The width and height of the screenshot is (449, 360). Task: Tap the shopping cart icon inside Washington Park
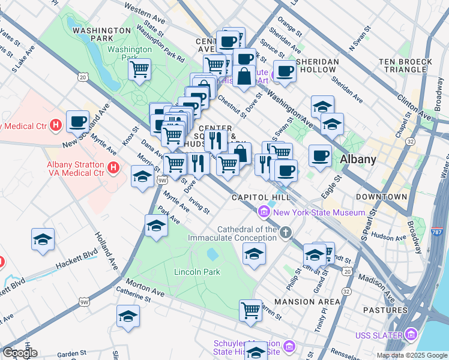tap(139, 69)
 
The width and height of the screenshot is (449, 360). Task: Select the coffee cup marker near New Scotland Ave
tap(77, 122)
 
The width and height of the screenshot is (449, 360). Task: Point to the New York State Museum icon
tap(264, 212)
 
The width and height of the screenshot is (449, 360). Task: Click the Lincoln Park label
tap(197, 272)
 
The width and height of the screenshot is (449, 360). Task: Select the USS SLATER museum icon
tap(411, 334)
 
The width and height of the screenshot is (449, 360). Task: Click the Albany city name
tap(358, 160)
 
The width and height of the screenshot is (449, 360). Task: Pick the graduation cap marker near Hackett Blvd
tap(43, 239)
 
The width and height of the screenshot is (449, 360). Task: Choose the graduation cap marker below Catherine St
tap(128, 316)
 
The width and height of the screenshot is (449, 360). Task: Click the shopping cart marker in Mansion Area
tap(250, 310)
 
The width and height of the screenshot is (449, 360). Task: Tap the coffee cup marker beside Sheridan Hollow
tap(285, 71)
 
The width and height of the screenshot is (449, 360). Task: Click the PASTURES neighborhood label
tap(385, 310)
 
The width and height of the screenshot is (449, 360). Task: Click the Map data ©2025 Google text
tap(411, 355)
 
